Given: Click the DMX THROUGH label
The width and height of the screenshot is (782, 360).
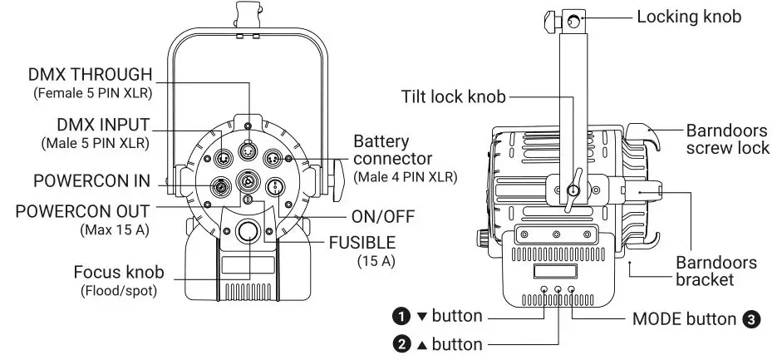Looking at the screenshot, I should coord(91,75).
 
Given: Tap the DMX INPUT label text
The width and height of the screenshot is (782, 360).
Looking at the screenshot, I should coord(102,125).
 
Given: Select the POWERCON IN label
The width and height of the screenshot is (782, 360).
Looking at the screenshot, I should coord(91,180).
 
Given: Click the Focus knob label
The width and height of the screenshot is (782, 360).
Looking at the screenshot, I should coord(118,272).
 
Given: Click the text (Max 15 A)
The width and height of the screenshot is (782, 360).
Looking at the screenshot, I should coord(115,228).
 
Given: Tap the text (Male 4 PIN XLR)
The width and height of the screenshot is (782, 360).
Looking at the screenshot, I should coord(405,178).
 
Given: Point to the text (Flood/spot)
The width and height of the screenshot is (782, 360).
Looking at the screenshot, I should coord(117,291).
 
